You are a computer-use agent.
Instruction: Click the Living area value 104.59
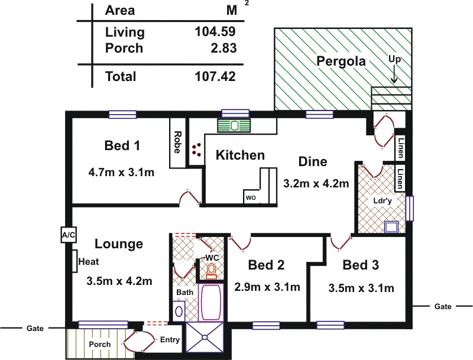click(215, 32)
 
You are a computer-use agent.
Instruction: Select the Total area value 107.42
click(215, 76)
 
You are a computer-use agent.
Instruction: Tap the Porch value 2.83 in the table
click(223, 48)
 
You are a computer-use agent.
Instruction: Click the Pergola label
click(341, 61)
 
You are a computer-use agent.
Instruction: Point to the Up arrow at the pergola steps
click(394, 74)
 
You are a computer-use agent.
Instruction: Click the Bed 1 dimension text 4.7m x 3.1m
click(121, 173)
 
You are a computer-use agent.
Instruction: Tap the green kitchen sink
click(234, 125)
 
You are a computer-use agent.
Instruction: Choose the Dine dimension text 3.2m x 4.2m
click(316, 183)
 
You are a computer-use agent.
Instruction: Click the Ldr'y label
click(383, 200)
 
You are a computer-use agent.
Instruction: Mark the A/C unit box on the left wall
click(68, 235)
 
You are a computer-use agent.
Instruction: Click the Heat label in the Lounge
click(88, 261)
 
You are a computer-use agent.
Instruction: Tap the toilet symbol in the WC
click(211, 271)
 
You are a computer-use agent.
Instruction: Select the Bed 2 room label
click(266, 265)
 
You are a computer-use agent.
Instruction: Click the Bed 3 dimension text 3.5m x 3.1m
click(361, 288)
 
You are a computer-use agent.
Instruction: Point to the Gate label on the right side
click(443, 306)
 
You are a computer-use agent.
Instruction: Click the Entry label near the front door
click(170, 340)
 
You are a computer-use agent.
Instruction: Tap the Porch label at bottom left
click(99, 344)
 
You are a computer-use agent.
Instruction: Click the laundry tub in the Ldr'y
click(391, 226)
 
